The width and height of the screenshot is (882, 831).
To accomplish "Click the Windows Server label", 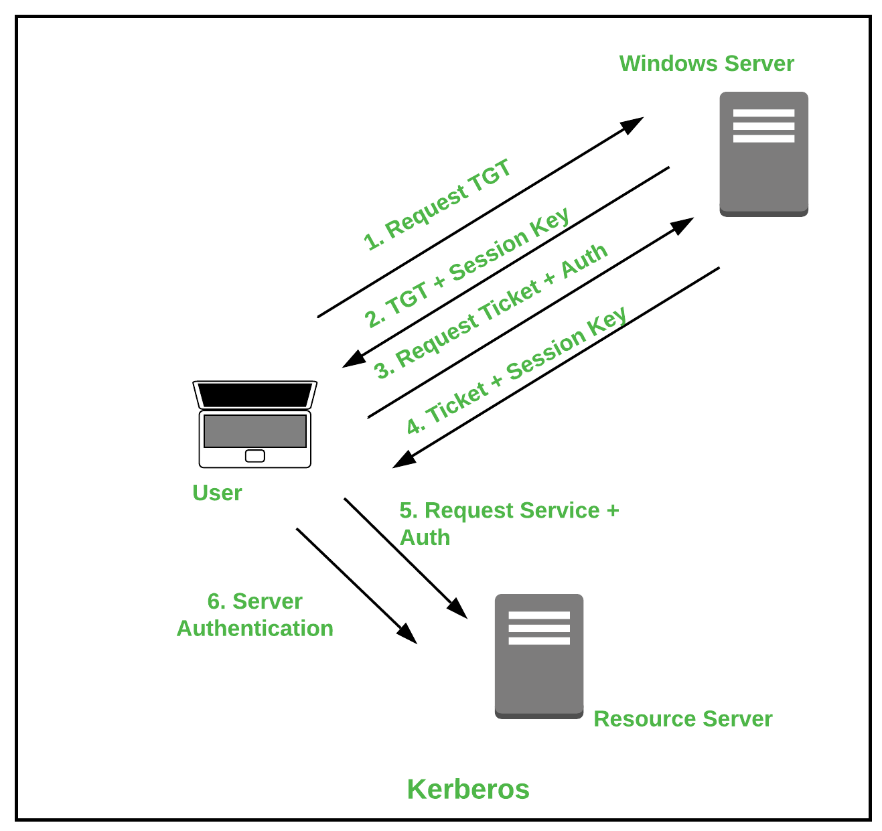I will [706, 64].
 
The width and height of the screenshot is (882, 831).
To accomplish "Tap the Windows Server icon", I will [763, 154].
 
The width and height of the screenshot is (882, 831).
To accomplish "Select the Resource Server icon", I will [538, 656].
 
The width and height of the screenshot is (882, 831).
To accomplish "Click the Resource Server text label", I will [682, 719].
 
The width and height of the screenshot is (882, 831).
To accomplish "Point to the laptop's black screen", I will [254, 394].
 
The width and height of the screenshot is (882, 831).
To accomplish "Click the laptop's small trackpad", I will [254, 456].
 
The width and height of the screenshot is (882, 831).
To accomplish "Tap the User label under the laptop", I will [216, 493].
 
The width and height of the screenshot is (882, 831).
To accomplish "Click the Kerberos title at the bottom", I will [467, 789].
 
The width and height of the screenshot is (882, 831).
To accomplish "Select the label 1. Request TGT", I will [437, 205].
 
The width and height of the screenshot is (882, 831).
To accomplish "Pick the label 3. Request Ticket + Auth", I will [491, 311].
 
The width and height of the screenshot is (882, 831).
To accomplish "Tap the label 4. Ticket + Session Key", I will [516, 370].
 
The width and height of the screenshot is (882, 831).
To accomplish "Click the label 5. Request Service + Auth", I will [508, 524].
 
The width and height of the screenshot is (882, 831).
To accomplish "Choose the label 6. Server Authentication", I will [254, 615].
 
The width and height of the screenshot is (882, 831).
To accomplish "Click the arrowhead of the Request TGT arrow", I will [634, 124].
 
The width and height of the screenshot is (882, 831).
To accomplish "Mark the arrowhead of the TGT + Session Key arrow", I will [352, 360].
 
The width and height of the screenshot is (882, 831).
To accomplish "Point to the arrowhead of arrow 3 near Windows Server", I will [684, 224].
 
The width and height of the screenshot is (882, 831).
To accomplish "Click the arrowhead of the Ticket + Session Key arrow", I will [402, 461].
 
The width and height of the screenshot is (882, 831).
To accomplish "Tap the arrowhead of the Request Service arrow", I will [458, 609].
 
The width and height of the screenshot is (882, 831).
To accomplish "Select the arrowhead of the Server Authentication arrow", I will [408, 635].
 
